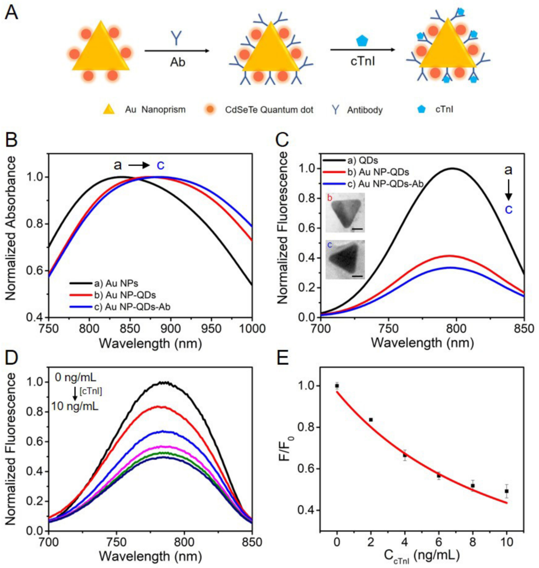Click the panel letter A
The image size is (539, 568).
11,12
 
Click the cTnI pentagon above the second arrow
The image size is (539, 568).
362,41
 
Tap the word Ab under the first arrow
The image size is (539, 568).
177,62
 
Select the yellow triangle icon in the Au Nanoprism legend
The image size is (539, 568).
109,109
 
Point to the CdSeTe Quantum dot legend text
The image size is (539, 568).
269,110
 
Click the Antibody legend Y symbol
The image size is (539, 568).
335,110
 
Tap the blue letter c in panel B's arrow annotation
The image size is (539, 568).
161,165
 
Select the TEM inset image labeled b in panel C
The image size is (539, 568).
345,212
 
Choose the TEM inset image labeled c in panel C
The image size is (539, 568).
345,260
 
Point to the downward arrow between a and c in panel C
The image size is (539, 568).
508,190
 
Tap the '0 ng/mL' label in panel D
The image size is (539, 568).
75,377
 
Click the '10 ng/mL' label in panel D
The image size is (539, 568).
75,406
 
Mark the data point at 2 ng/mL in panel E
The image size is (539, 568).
371,420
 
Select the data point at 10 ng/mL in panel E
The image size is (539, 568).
506,491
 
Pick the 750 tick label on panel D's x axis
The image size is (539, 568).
117,542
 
